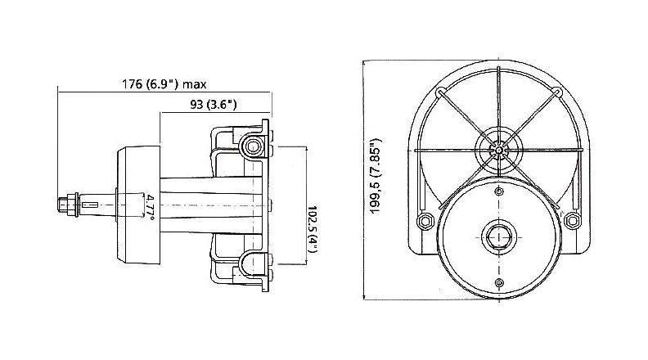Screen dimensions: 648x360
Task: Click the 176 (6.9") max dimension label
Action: pos(164,84)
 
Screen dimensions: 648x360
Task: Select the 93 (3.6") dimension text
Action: pos(214,104)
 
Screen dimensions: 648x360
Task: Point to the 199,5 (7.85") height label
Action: pos(376,176)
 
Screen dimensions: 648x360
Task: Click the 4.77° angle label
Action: pos(150,205)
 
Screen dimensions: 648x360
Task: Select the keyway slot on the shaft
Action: pos(91,205)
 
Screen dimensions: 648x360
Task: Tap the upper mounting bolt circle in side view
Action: pos(252,146)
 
